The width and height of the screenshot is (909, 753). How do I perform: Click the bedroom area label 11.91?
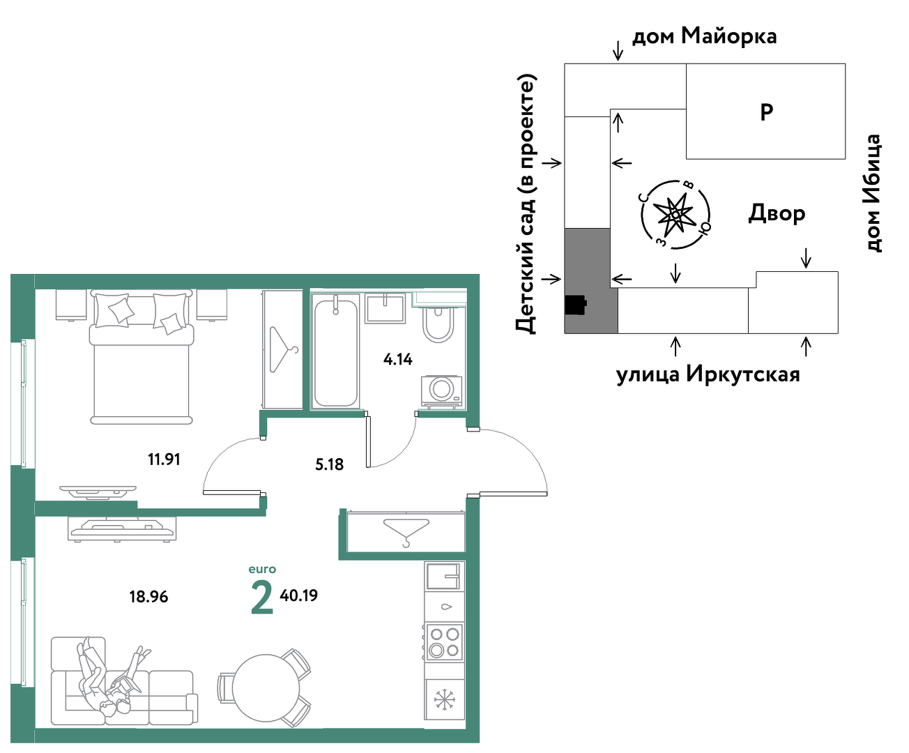[164, 459]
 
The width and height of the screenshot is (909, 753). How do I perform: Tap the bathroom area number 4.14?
[397, 359]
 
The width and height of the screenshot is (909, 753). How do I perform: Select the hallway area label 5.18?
[329, 464]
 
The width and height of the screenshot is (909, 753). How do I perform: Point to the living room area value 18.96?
[148, 597]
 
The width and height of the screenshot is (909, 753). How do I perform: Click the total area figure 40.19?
[298, 595]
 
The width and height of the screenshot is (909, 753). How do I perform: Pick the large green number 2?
[262, 598]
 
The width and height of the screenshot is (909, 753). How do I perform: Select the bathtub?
[336, 351]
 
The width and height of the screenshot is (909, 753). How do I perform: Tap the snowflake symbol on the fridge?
[445, 700]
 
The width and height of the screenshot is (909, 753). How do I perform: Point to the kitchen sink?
[444, 576]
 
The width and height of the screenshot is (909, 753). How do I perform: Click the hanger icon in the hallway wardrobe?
[406, 533]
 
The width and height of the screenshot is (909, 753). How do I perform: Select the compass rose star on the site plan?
[674, 214]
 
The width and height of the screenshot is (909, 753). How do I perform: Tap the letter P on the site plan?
[766, 112]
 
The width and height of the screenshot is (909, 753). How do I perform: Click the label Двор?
[777, 213]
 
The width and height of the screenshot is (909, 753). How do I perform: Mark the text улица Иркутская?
[708, 374]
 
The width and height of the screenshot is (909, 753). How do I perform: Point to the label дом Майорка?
[704, 36]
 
